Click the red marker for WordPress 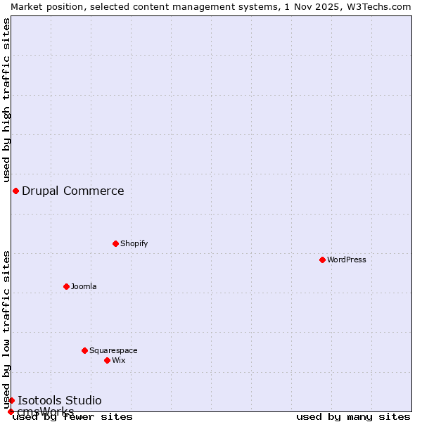point(323,260)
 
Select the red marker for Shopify point(116,243)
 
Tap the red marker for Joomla point(67,286)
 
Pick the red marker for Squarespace point(85,350)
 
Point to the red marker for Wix point(108,360)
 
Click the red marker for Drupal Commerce point(15,191)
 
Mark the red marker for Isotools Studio point(11,400)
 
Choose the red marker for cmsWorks point(11,411)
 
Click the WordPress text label point(347,260)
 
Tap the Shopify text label point(134,243)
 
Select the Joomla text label point(84,286)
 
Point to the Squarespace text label point(113,350)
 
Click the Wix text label point(119,360)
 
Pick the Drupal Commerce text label point(73,191)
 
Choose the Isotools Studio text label point(60,400)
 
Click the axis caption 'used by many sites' point(353,416)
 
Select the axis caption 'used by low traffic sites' point(6,328)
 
